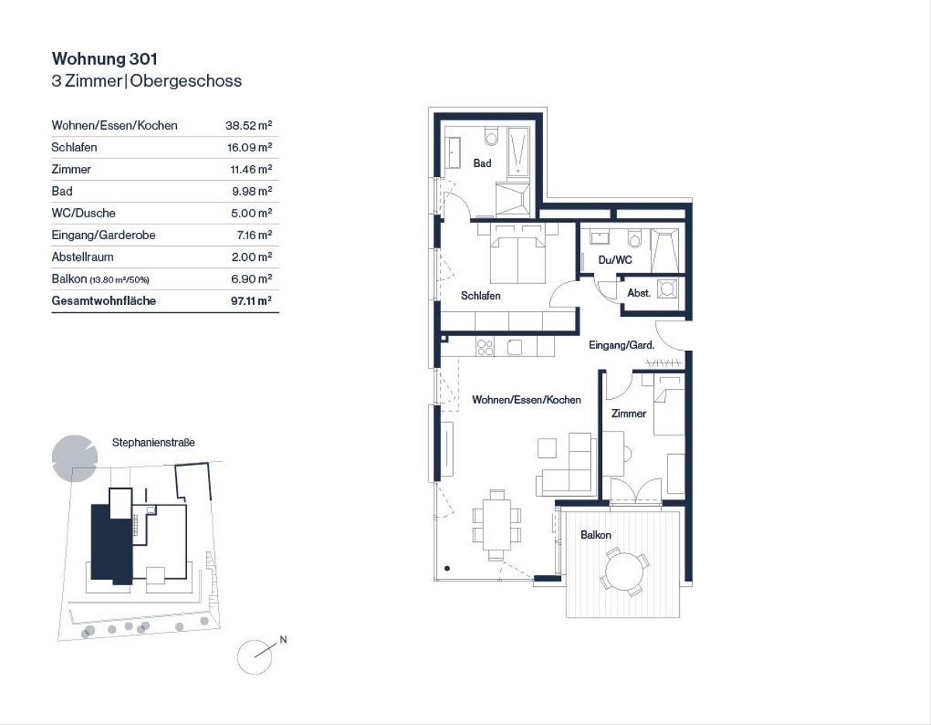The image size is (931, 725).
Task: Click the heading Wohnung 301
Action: tap(105, 59)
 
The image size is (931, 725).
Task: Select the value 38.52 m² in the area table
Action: tap(248, 126)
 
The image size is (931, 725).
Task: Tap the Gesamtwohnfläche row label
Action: tap(104, 301)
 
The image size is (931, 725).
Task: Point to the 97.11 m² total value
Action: tap(251, 301)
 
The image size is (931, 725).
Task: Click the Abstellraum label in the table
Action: tap(83, 257)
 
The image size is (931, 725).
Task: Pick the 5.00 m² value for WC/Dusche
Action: tap(251, 213)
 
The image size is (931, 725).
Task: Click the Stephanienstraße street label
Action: tap(154, 442)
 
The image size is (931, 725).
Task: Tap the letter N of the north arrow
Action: tap(283, 640)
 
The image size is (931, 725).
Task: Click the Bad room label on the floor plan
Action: tap(482, 163)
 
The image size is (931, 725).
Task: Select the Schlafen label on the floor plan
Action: tap(480, 296)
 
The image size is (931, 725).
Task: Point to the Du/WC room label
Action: tap(614, 260)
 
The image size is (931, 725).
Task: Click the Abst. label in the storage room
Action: tap(639, 293)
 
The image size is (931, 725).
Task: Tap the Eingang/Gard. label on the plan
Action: tap(621, 345)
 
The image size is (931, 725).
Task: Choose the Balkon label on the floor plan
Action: tap(596, 535)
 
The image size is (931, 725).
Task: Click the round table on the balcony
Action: tap(625, 571)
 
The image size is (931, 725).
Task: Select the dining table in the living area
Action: tap(497, 525)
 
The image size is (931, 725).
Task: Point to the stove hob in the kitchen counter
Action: tap(485, 347)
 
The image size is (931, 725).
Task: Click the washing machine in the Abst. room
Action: tap(667, 289)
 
